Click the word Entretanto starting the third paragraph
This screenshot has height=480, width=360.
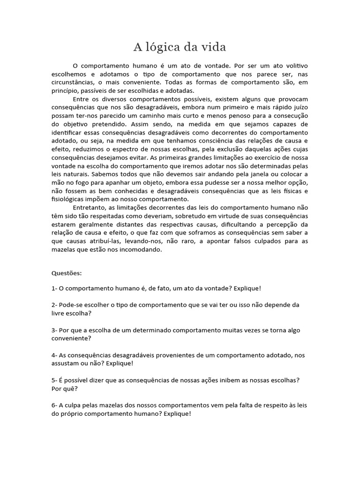click(x=91, y=208)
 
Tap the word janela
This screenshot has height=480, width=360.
click(x=232, y=174)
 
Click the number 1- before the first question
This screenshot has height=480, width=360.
click(x=54, y=288)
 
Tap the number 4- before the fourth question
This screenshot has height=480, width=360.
click(x=54, y=356)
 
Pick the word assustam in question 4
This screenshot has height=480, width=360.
click(x=66, y=364)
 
